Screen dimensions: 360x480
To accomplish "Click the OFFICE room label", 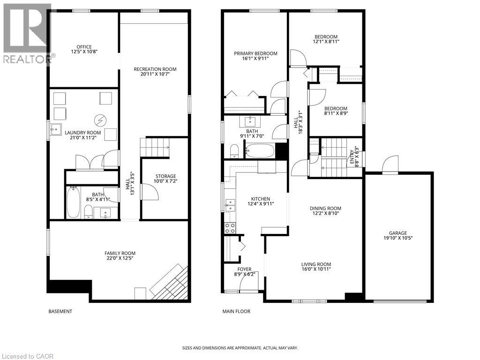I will coord(84,46).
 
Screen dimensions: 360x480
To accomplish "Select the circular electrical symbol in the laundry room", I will coord(99,121).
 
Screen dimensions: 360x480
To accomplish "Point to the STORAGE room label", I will coord(166,176).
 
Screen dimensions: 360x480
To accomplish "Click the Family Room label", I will coord(120,253).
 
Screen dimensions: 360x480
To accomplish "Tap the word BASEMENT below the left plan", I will coord(60,311).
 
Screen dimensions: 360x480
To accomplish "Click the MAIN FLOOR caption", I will coord(236,311).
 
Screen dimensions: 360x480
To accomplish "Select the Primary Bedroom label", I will coord(256,53).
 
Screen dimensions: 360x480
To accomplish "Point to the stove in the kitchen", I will coord(230,228).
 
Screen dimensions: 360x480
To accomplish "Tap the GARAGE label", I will coord(397,233).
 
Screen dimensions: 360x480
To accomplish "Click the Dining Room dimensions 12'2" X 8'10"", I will coord(326,214).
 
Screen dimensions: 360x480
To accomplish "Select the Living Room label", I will coord(316,264).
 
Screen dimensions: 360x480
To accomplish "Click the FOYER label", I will coord(244,269).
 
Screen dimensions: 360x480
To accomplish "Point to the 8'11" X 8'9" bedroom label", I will coord(336,109).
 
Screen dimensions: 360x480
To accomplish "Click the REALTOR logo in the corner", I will coord(27,33).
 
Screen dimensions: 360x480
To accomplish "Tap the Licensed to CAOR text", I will coord(27,356).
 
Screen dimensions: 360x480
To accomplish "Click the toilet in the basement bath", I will coord(88,213).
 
